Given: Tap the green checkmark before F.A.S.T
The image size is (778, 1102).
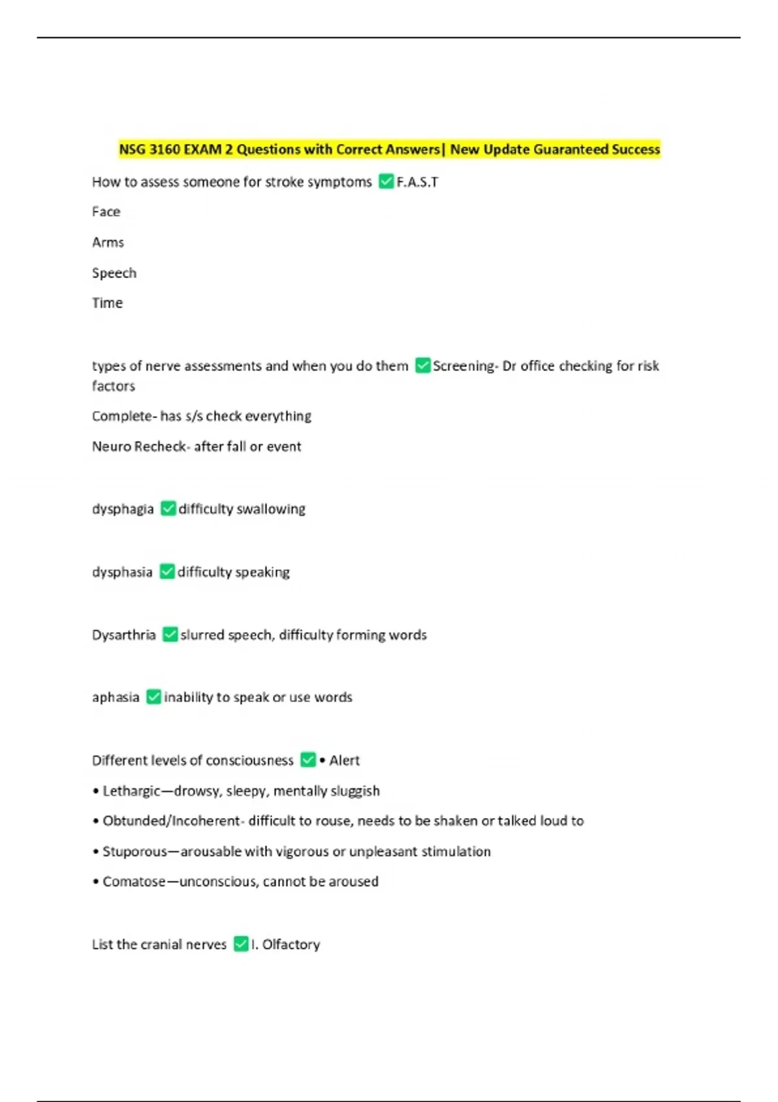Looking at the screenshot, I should click(x=386, y=182).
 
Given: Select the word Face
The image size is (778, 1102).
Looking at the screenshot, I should click(x=106, y=212).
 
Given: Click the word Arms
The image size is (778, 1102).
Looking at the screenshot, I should click(x=108, y=242).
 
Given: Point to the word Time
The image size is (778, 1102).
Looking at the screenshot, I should click(x=107, y=303).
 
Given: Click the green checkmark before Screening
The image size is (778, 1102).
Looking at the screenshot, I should click(x=423, y=366).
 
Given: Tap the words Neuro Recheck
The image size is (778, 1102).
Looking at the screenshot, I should click(x=139, y=447).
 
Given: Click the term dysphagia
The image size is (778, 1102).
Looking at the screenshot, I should click(x=123, y=510).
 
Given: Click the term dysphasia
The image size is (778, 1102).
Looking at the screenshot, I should click(x=122, y=572).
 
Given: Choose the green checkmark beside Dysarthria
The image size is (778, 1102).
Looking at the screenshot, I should click(x=170, y=635).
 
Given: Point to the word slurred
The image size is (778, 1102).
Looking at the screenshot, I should click(x=202, y=635).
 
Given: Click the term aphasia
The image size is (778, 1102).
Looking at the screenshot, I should click(x=115, y=698).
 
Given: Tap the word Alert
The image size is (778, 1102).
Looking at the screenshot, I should click(x=344, y=760).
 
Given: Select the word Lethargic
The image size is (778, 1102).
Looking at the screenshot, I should click(x=131, y=791).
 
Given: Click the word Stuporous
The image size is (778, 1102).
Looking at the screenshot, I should click(x=135, y=852).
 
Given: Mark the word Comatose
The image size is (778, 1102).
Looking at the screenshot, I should click(x=134, y=882).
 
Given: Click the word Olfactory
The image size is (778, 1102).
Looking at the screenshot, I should click(x=291, y=944).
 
